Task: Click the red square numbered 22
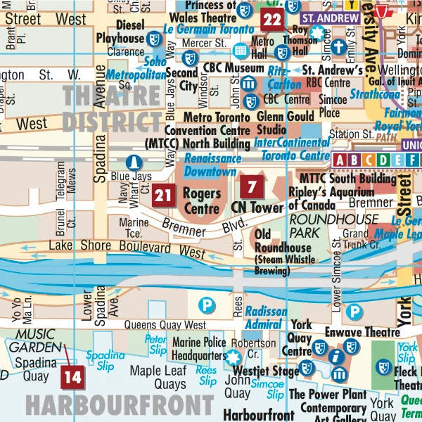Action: point(272,19)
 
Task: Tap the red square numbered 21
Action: point(164,194)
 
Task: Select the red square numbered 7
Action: point(252,187)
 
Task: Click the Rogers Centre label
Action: point(202,200)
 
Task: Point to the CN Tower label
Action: point(257,208)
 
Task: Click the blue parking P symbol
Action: point(206,305)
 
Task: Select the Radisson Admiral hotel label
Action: point(265,317)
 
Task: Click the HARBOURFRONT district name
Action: point(120,406)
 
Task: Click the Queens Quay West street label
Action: point(165,325)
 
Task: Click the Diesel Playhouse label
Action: point(119,32)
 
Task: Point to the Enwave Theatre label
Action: point(352,331)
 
